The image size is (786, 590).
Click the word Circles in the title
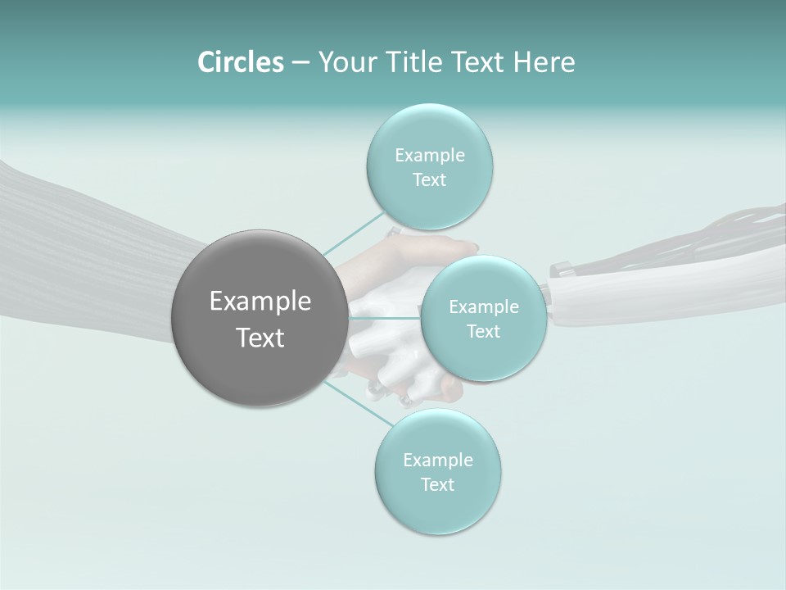tap(240, 62)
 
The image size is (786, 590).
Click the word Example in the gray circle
tap(260, 302)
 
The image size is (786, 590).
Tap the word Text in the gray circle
tap(260, 338)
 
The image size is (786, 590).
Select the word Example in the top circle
tap(430, 156)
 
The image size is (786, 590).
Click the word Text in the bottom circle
tap(437, 484)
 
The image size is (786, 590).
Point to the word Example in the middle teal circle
tap(484, 307)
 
